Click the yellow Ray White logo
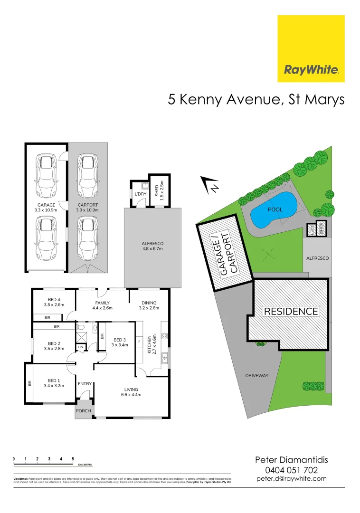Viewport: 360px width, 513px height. click(x=311, y=48)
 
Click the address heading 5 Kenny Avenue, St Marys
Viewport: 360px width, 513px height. click(x=256, y=100)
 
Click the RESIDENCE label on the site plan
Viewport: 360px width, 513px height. click(x=291, y=312)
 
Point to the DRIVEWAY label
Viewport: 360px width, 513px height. click(x=256, y=376)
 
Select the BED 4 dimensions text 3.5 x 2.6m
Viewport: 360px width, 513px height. click(x=53, y=304)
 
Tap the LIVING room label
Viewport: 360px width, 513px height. click(x=131, y=389)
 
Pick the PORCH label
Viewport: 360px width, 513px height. click(x=84, y=411)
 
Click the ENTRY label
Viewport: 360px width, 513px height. click(x=85, y=384)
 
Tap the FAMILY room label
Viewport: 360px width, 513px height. click(x=102, y=303)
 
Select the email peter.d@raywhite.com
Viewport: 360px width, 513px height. click(x=292, y=479)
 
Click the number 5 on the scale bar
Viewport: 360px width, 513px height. click(x=73, y=459)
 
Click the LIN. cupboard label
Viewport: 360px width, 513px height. click(x=80, y=348)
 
